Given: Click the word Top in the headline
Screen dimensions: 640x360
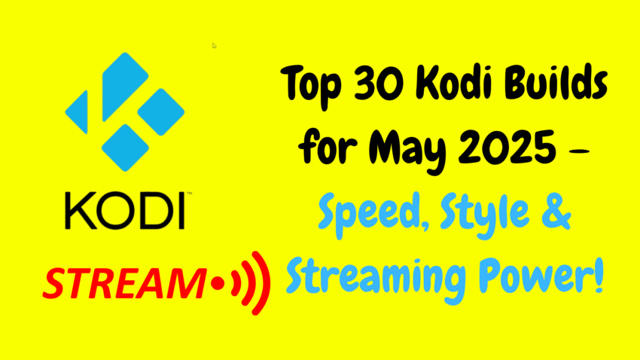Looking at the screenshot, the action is pyautogui.click(x=310, y=86).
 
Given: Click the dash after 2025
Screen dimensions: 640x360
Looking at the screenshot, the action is pyautogui.click(x=579, y=151).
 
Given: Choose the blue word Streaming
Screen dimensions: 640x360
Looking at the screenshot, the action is pyautogui.click(x=376, y=278).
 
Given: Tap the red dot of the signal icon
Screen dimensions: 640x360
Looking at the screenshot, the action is pyautogui.click(x=218, y=283).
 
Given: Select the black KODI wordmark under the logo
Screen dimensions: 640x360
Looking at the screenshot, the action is pyautogui.click(x=126, y=210).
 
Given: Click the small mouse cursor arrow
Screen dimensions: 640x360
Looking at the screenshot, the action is pyautogui.click(x=215, y=45).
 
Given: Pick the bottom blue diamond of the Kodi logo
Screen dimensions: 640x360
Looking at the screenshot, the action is pyautogui.click(x=125, y=148).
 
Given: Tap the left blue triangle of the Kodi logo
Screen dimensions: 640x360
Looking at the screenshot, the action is pyautogui.click(x=78, y=111).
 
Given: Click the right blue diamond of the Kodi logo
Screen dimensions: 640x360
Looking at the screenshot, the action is pyautogui.click(x=161, y=111).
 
